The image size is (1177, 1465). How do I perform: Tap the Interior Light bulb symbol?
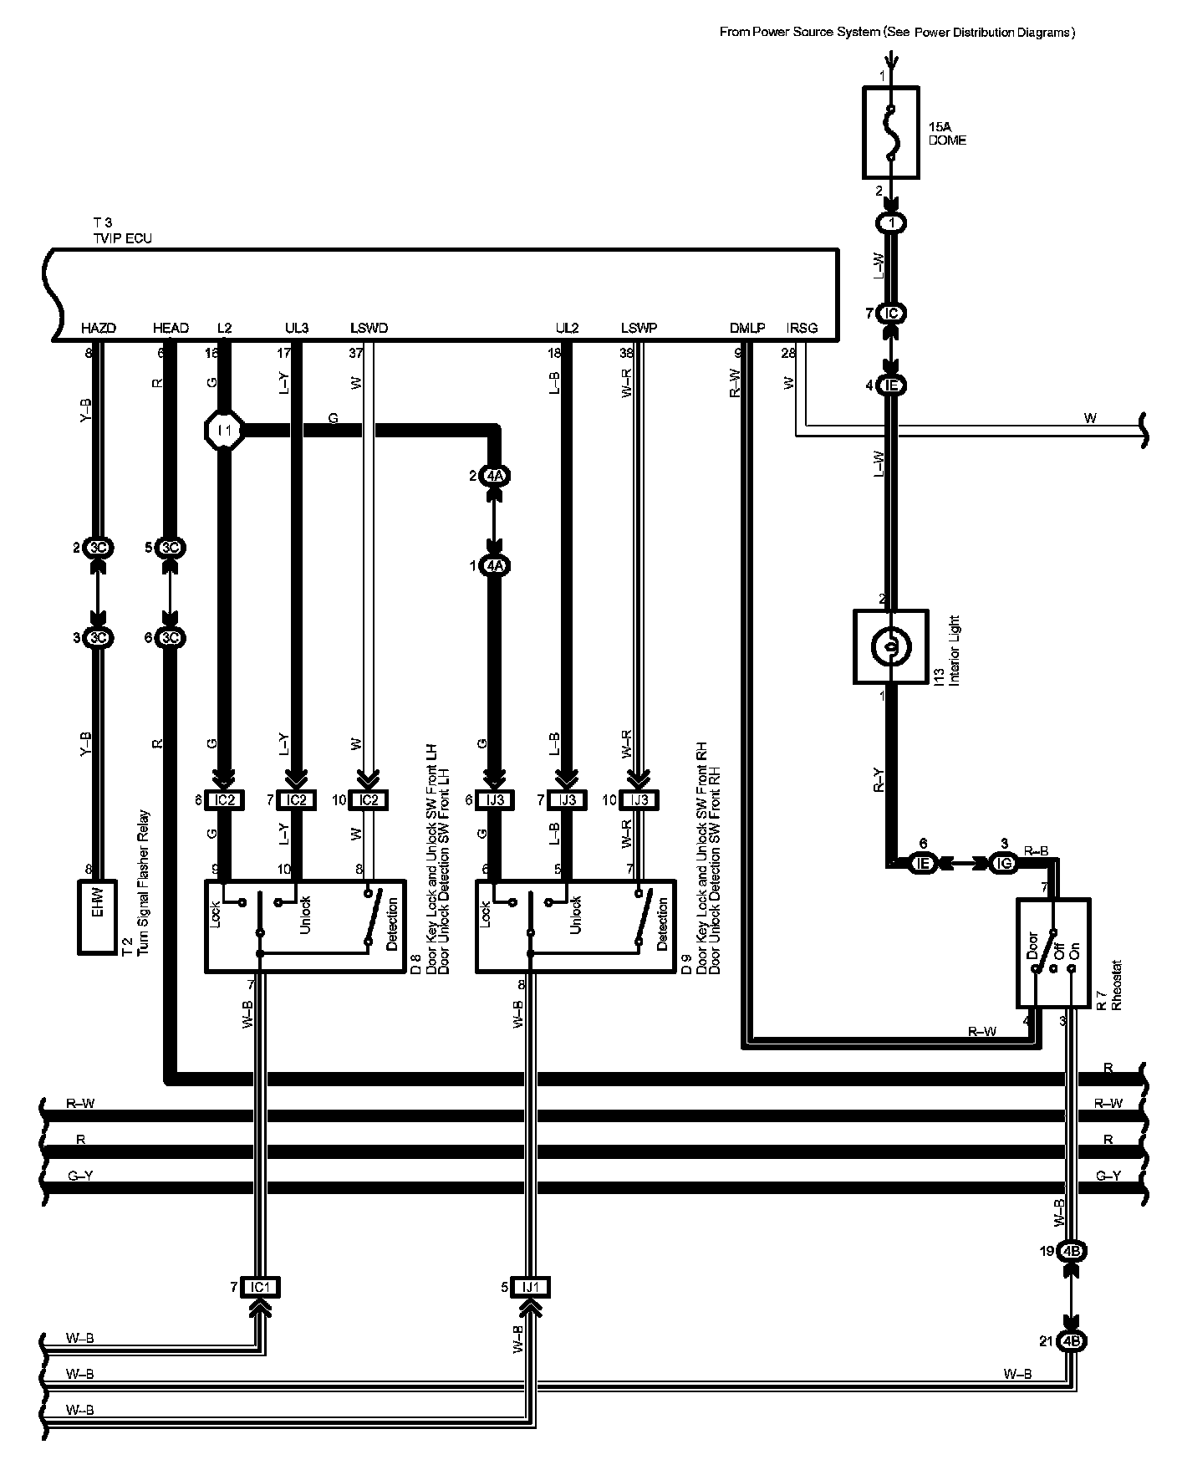click(x=890, y=646)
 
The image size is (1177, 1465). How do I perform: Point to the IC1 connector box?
click(x=260, y=1287)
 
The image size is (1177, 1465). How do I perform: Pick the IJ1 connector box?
click(x=531, y=1287)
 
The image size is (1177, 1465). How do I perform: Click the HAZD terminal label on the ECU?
click(x=99, y=329)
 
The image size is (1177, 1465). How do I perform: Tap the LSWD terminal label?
click(x=369, y=329)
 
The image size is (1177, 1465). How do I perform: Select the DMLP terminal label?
click(x=746, y=329)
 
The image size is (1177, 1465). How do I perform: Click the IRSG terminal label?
click(x=802, y=329)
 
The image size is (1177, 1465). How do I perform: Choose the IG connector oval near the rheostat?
click(x=1003, y=863)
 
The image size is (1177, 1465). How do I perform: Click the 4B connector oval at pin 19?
click(x=1072, y=1252)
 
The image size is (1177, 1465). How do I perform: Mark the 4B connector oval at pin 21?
click(x=1072, y=1341)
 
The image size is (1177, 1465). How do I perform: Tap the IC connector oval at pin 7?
click(x=892, y=314)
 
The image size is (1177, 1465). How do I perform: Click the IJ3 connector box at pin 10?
click(x=639, y=800)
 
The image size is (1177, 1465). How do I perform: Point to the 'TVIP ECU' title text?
click(x=122, y=238)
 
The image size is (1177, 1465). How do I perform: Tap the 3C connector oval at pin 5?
click(x=171, y=549)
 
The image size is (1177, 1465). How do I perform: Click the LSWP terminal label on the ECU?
click(x=639, y=329)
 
